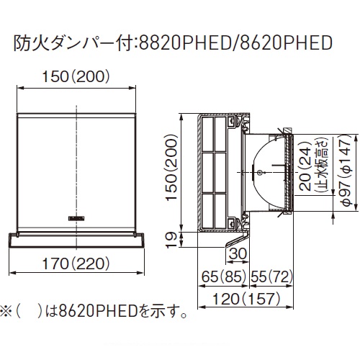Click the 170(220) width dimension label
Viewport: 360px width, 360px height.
[x=76, y=264]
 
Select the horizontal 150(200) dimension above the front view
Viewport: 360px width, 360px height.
[x=76, y=77]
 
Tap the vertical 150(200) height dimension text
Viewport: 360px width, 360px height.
[x=171, y=167]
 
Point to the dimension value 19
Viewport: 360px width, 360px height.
[x=171, y=239]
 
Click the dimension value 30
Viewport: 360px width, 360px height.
[x=238, y=253]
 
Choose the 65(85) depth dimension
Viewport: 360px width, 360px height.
[x=224, y=276]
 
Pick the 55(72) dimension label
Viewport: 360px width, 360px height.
[x=271, y=276]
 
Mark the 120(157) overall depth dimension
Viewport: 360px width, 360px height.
[x=246, y=299]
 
